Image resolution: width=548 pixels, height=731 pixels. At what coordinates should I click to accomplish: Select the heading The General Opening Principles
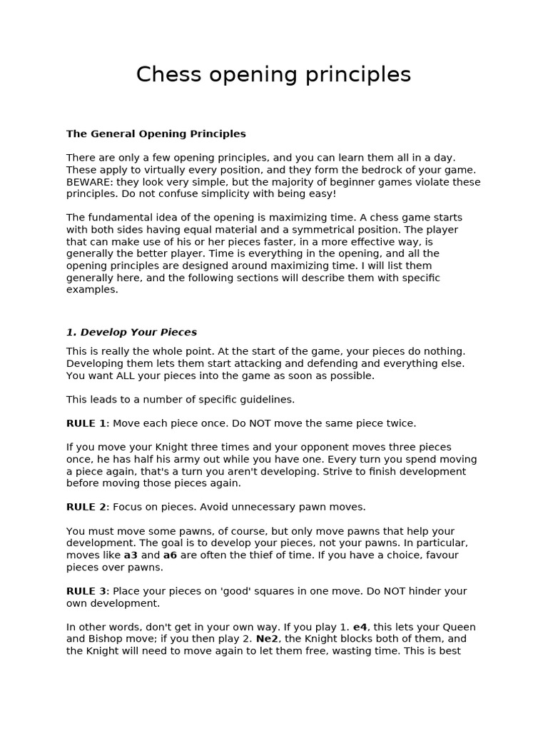point(156,133)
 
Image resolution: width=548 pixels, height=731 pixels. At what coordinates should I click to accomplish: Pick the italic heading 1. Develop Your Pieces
point(131,332)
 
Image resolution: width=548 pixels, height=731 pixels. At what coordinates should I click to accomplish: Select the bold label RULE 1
point(86,423)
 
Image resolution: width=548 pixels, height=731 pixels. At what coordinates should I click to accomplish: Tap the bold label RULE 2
point(86,507)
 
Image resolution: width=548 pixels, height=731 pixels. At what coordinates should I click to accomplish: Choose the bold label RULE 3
point(86,591)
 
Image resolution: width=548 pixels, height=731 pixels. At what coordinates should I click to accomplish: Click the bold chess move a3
point(131,555)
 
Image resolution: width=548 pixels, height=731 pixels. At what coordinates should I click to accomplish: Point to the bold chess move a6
point(170,555)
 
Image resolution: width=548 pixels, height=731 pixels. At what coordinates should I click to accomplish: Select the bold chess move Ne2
point(268,639)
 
